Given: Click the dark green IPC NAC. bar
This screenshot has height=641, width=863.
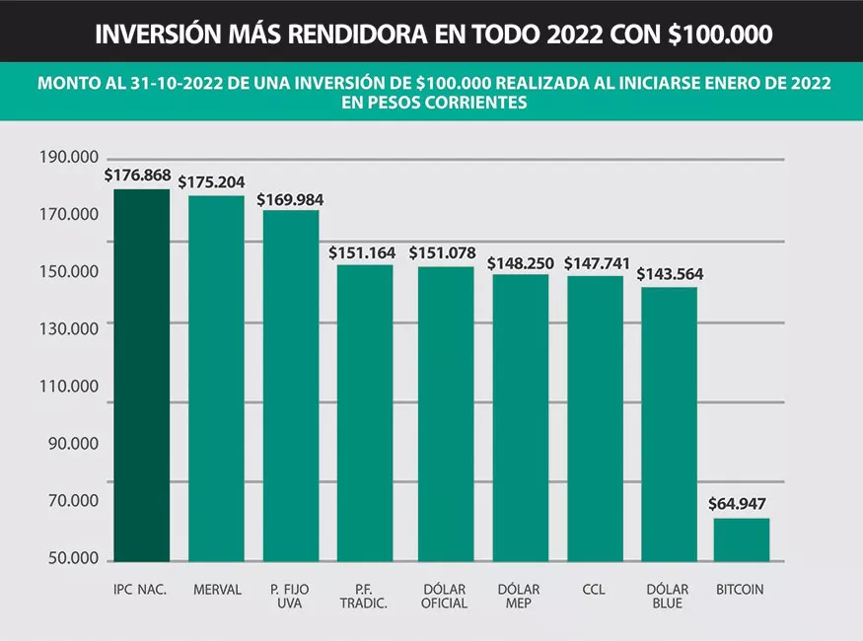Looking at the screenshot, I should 141,375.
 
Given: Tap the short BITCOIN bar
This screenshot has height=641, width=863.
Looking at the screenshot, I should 741,539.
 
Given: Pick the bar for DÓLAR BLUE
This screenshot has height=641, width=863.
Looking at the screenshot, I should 669,424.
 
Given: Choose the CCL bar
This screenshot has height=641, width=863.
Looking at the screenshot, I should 595,418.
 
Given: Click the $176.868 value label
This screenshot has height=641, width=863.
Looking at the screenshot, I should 137,176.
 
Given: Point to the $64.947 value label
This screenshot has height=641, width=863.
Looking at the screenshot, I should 737,504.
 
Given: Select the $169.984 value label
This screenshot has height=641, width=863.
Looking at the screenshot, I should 290,199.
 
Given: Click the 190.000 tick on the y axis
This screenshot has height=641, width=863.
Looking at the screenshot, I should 69,157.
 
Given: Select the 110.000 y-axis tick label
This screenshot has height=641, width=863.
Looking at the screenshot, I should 69,387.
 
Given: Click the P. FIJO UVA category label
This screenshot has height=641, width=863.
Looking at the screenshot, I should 289,597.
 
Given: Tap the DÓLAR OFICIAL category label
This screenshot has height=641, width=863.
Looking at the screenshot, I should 443,597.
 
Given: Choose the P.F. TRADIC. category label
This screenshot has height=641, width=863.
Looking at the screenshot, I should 363,597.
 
